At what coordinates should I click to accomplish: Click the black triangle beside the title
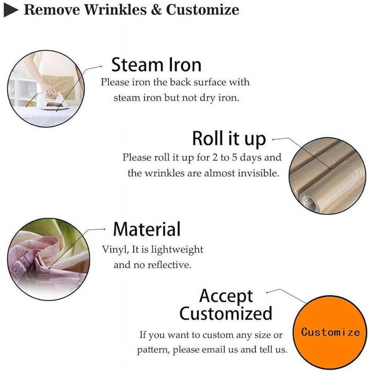(10, 10)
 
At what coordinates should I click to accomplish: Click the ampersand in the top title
(156, 10)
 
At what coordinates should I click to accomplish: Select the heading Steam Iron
(156, 64)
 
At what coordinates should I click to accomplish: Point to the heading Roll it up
(229, 139)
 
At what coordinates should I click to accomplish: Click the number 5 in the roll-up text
(234, 157)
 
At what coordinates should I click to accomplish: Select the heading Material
(147, 229)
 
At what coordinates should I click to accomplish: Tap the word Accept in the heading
(226, 296)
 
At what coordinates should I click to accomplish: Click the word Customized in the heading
(226, 313)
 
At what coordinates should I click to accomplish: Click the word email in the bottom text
(214, 350)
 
